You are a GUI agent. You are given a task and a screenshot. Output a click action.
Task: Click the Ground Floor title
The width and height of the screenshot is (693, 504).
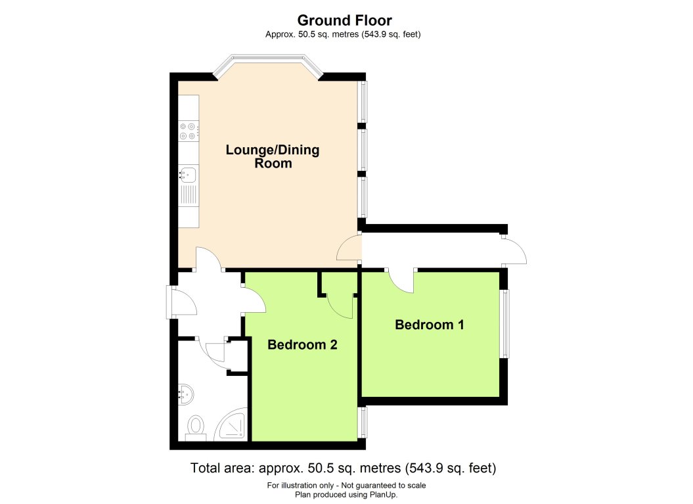(345, 20)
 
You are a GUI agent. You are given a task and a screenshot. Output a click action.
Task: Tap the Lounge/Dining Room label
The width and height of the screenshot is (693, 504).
(273, 156)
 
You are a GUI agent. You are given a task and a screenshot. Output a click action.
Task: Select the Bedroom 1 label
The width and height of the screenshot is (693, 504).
(424, 325)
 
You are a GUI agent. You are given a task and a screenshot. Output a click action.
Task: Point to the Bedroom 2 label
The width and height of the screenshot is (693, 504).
(302, 344)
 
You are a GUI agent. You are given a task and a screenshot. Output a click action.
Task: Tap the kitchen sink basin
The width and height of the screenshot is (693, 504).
(188, 174)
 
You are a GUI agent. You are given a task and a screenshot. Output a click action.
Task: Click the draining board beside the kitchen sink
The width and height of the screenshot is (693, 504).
(189, 196)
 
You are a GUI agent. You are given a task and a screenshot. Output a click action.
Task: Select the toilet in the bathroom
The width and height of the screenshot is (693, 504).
(196, 427)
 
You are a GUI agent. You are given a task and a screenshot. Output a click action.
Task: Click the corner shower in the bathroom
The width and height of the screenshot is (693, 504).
(233, 426)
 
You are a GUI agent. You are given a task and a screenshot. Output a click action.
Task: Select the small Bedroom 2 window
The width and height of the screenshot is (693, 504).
(363, 422)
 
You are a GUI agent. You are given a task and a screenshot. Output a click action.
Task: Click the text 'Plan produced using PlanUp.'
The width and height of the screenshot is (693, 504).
(346, 495)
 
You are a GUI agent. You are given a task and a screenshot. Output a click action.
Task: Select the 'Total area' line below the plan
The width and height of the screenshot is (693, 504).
(343, 469)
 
